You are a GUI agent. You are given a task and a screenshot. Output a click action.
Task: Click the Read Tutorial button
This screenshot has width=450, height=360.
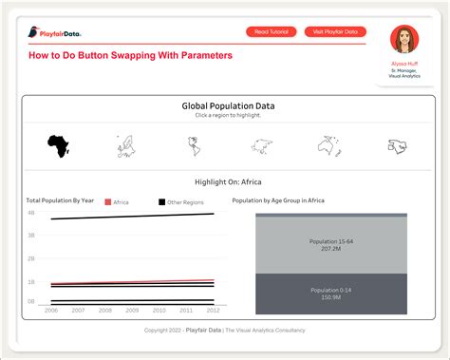[x=272, y=31]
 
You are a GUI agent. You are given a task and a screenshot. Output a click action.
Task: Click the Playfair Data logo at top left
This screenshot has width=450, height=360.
[x=54, y=33]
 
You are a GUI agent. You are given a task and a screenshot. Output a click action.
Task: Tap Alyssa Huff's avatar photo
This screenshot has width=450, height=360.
[x=405, y=40]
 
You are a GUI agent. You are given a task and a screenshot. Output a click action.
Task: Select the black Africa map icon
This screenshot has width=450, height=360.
[x=58, y=145]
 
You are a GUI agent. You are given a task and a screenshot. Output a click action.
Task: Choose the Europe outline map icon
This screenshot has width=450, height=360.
[x=125, y=145]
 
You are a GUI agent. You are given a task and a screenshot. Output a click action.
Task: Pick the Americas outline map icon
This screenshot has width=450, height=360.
[x=194, y=145]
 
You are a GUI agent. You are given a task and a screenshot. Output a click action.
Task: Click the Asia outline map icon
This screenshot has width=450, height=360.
[x=262, y=145]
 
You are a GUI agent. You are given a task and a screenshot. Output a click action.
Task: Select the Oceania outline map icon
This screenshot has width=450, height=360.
[x=329, y=145]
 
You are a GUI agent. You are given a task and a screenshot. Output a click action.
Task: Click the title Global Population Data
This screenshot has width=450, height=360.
[x=228, y=106]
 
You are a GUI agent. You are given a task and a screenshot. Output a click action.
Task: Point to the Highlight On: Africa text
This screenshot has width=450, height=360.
[x=228, y=180]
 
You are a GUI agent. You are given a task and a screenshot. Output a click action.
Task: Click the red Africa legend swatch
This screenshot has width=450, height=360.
[x=107, y=202]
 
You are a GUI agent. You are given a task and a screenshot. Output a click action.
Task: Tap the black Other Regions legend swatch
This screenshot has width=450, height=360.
[x=161, y=202]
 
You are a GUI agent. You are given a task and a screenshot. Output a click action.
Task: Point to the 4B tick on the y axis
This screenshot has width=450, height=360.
[x=31, y=213]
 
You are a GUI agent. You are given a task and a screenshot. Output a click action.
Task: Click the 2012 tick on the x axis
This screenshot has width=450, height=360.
[x=214, y=310]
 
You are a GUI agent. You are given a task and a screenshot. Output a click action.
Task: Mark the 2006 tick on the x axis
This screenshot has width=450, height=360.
[x=50, y=310]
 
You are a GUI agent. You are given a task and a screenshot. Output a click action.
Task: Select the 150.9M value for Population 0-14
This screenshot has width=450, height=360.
[x=330, y=296]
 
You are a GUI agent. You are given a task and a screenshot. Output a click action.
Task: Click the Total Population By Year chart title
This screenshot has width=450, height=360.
[x=60, y=201]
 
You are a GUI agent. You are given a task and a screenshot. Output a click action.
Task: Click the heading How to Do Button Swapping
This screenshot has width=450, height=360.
[x=130, y=56]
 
